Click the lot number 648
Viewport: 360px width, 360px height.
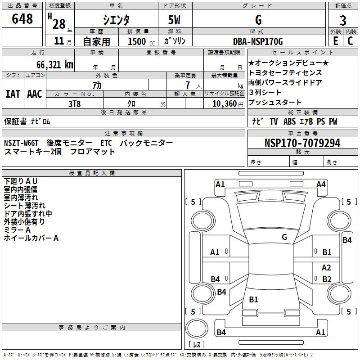pyautogui.click(x=22, y=19)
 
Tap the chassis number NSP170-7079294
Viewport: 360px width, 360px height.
pyautogui.click(x=302, y=143)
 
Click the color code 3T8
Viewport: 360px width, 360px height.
pyautogui.click(x=74, y=103)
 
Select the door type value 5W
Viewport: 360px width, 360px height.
pyautogui.click(x=175, y=21)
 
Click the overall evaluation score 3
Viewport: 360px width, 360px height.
pyautogui.click(x=343, y=21)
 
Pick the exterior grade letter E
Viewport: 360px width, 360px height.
pyautogui.click(x=335, y=41)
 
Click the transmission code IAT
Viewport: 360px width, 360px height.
pyautogui.click(x=13, y=94)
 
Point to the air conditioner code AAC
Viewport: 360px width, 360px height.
pyautogui.click(x=35, y=94)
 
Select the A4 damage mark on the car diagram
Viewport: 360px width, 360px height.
pyautogui.click(x=321, y=184)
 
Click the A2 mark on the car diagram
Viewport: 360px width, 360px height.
pyautogui.click(x=327, y=267)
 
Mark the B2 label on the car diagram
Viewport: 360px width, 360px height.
pyautogui.click(x=327, y=279)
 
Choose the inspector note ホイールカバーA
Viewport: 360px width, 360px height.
pyautogui.click(x=31, y=238)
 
